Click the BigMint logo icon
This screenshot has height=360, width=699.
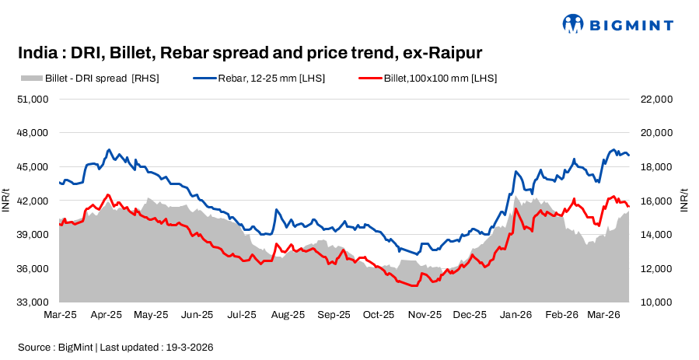click(x=572, y=23)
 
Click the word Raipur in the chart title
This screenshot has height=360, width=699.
click(x=454, y=53)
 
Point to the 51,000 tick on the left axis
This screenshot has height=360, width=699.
click(x=33, y=99)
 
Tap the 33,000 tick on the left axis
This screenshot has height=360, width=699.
click(x=33, y=302)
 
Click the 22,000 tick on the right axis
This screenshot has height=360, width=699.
click(x=655, y=99)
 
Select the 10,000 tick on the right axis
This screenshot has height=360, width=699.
click(x=655, y=302)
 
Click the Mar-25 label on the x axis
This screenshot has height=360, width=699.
click(x=61, y=315)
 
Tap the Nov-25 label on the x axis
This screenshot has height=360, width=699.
click(x=425, y=315)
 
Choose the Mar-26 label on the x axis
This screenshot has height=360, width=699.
click(x=603, y=315)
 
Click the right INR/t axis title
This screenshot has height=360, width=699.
click(x=684, y=200)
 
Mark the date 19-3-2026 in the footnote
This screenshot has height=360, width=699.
click(x=187, y=347)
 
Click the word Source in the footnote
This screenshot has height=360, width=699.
click(x=34, y=347)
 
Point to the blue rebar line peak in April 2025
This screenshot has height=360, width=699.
click(x=109, y=149)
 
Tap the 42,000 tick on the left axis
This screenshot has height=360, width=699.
click(x=33, y=201)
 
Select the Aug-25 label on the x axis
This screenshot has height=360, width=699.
click(x=288, y=315)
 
